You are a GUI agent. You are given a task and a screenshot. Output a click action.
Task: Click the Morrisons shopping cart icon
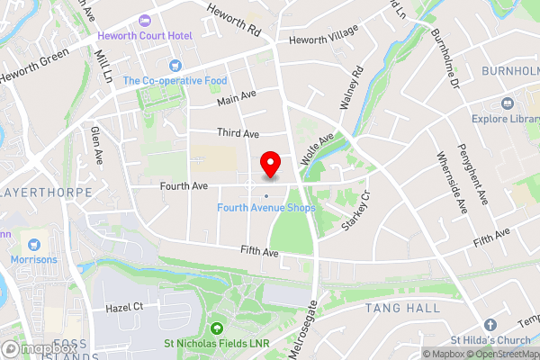34,244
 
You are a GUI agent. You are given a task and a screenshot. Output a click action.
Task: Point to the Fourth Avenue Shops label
266,208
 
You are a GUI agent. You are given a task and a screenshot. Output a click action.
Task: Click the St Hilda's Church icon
490,325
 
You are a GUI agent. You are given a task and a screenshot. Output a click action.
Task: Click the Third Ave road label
238,132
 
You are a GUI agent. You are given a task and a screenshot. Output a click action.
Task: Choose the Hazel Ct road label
124,307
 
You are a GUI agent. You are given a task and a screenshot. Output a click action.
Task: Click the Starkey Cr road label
356,213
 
